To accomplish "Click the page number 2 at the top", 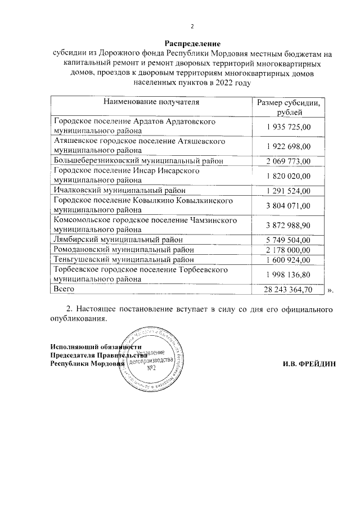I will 192,26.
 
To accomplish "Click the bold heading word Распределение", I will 192,43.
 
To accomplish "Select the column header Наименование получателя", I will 151,102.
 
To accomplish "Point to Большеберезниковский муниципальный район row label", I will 138,161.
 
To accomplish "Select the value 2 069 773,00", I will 289,161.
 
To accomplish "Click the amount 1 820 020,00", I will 289,176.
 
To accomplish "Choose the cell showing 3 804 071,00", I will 289,205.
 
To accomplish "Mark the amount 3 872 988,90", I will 289,224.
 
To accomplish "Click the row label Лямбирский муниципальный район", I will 123,240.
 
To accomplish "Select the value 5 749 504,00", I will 289,240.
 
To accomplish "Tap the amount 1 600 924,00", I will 289,259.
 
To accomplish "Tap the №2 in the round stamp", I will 151,368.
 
